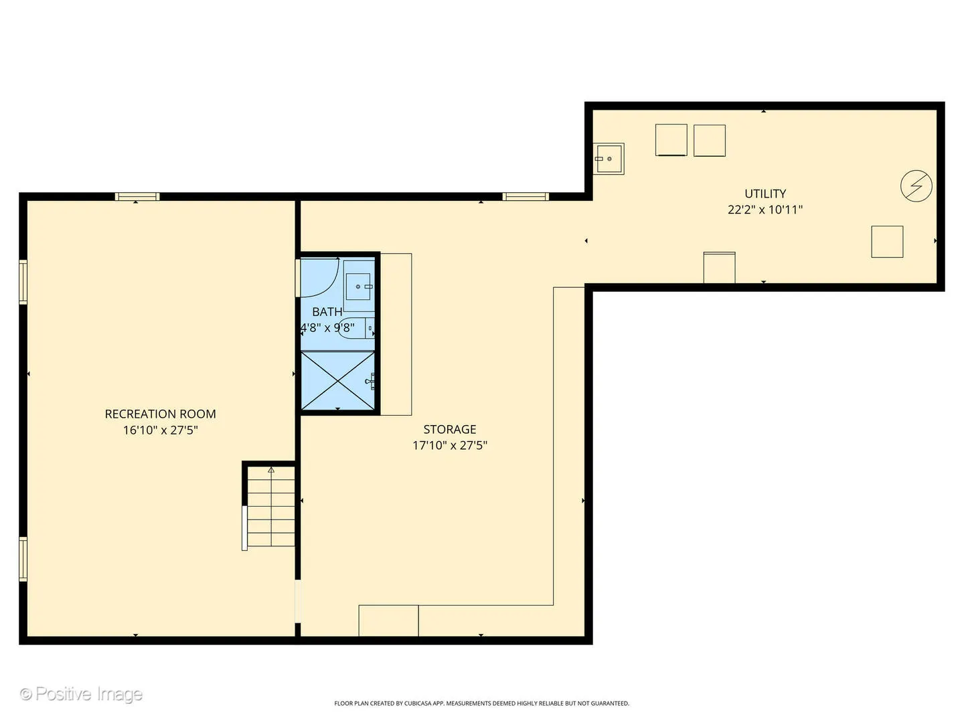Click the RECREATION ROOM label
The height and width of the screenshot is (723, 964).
(160, 414)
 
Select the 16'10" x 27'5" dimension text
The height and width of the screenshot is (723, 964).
(160, 430)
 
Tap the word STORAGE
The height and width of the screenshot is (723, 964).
(449, 429)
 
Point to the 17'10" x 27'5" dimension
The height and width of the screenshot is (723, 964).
(449, 445)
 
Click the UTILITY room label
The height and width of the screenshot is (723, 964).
(765, 193)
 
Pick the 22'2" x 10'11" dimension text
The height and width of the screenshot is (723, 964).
(765, 210)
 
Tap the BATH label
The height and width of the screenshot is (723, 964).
(327, 311)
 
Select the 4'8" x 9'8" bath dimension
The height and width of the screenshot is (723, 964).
(327, 327)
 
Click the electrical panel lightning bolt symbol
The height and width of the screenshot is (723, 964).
(916, 186)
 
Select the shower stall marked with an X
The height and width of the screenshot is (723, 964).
(337, 380)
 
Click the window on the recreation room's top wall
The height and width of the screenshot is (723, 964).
(137, 196)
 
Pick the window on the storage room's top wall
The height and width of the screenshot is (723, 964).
(526, 196)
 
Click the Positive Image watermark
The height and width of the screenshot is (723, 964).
(81, 694)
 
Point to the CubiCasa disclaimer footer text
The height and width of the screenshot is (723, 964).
(481, 704)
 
